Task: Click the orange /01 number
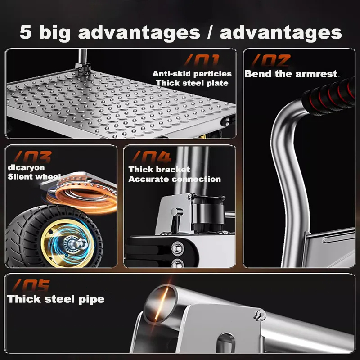pos(202,61)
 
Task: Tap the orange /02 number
pos(271,61)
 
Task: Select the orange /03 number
pos(32,157)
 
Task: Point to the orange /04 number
pos(152,157)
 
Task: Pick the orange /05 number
pos(31,285)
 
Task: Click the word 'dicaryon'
pos(26,167)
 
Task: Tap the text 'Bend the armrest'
pos(291,74)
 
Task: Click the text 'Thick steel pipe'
pos(56,299)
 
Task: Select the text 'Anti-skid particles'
pos(192,74)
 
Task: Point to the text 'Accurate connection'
pos(175,179)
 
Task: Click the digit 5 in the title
pos(26,32)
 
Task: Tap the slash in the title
pos(210,32)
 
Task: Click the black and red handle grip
pos(329,95)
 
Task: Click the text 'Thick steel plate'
pos(192,83)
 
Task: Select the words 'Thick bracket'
pos(159,170)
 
